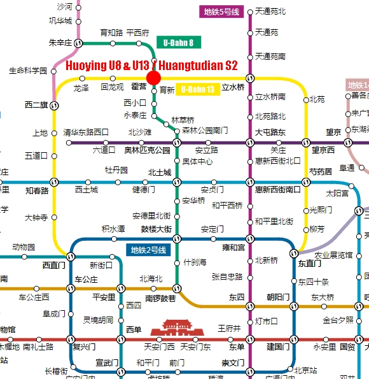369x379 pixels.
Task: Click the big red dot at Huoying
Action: [153, 78]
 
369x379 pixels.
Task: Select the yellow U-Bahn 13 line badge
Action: [198, 90]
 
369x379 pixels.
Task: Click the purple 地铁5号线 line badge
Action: [221, 11]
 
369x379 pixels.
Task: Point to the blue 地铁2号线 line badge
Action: [148, 250]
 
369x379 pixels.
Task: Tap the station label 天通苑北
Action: [270, 11]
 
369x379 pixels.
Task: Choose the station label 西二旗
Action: [37, 105]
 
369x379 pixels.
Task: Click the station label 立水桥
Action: [233, 88]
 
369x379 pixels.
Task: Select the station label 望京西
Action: [323, 150]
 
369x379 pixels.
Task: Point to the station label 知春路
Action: [38, 190]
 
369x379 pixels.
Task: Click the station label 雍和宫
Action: [233, 247]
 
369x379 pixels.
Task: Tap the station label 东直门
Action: [309, 263]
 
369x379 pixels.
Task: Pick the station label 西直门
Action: [54, 265]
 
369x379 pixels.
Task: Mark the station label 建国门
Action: [278, 347]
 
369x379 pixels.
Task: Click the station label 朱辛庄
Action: [60, 43]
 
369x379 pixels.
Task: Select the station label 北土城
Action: [160, 173]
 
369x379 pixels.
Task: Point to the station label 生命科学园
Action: [28, 71]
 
